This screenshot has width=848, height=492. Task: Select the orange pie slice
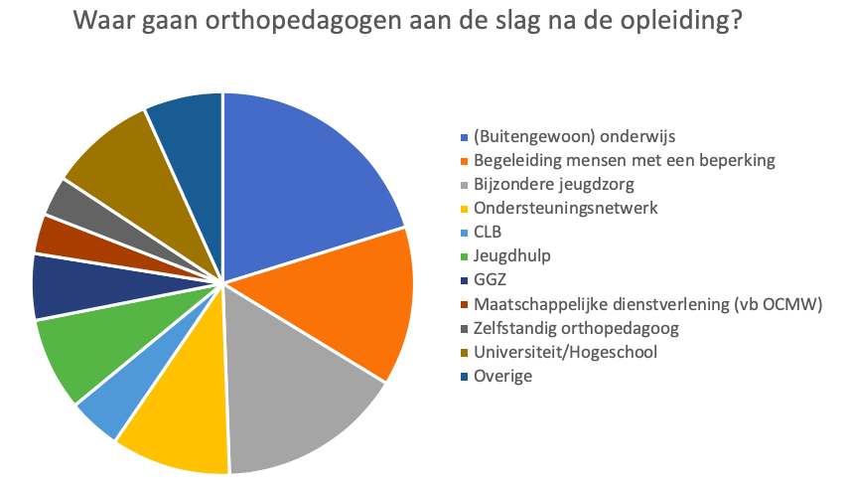338,298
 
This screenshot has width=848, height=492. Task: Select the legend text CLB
490,233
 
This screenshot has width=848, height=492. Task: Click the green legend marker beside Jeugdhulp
463,256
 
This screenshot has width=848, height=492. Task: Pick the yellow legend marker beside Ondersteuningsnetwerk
463,209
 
